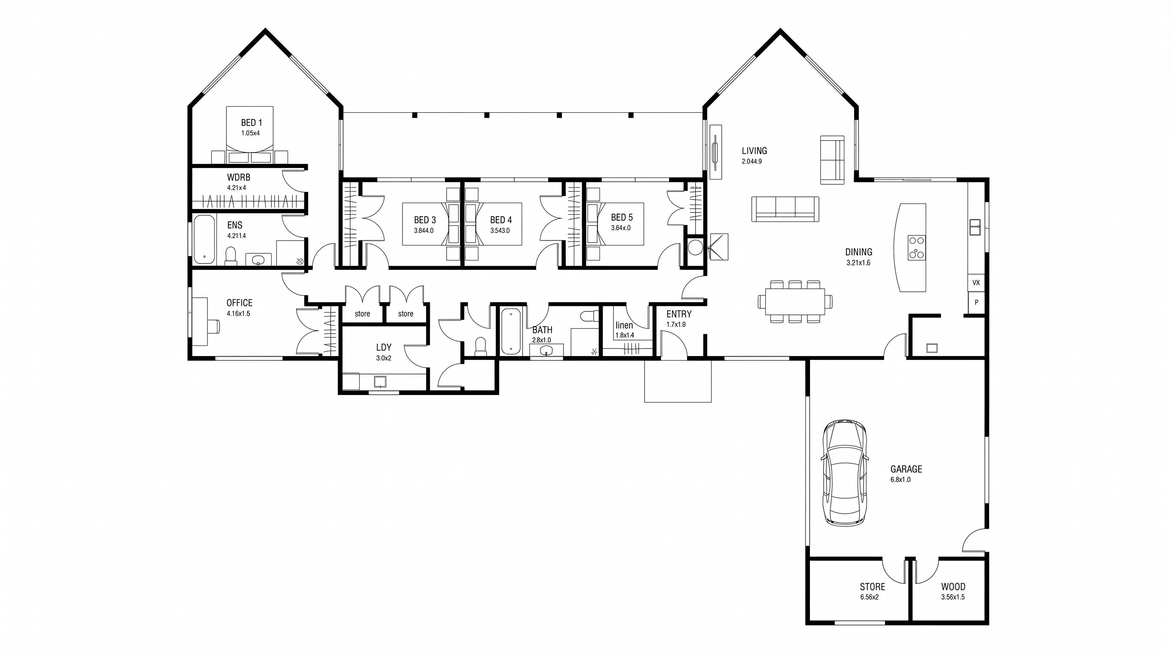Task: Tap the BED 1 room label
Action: (251, 123)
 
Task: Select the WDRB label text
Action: (238, 177)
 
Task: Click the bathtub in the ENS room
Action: (204, 240)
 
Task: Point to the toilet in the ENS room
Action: (231, 256)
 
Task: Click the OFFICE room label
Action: (240, 303)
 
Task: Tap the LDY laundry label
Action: (384, 347)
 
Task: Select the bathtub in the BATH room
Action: (511, 331)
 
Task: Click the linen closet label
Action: (624, 325)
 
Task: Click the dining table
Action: (795, 302)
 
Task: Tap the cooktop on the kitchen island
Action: (917, 248)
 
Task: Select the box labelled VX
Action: (976, 283)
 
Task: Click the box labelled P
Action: (976, 302)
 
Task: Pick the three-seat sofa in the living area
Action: (785, 209)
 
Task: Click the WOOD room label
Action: (953, 587)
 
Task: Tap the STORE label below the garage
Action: (873, 587)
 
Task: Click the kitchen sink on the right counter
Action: (975, 227)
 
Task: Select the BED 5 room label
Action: (622, 218)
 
